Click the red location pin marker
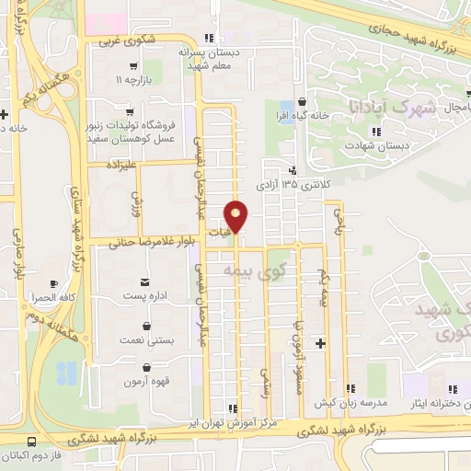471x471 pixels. point(237,217)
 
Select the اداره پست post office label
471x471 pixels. point(145,297)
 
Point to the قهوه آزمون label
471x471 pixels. point(144,381)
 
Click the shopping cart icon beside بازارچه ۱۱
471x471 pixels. point(134,66)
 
